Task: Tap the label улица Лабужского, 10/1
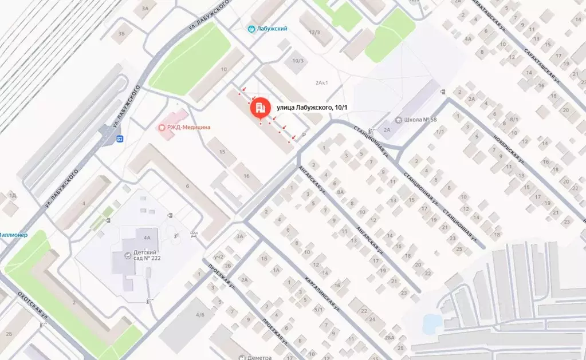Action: coord(312,107)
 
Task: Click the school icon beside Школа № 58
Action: coord(399,120)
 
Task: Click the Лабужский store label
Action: coord(273,29)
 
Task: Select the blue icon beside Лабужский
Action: coord(251,29)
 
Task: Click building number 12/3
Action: coord(314,33)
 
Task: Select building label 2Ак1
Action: coord(321,83)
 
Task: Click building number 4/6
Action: coord(200,315)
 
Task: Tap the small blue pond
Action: coord(430,323)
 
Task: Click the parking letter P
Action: coord(304,136)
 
